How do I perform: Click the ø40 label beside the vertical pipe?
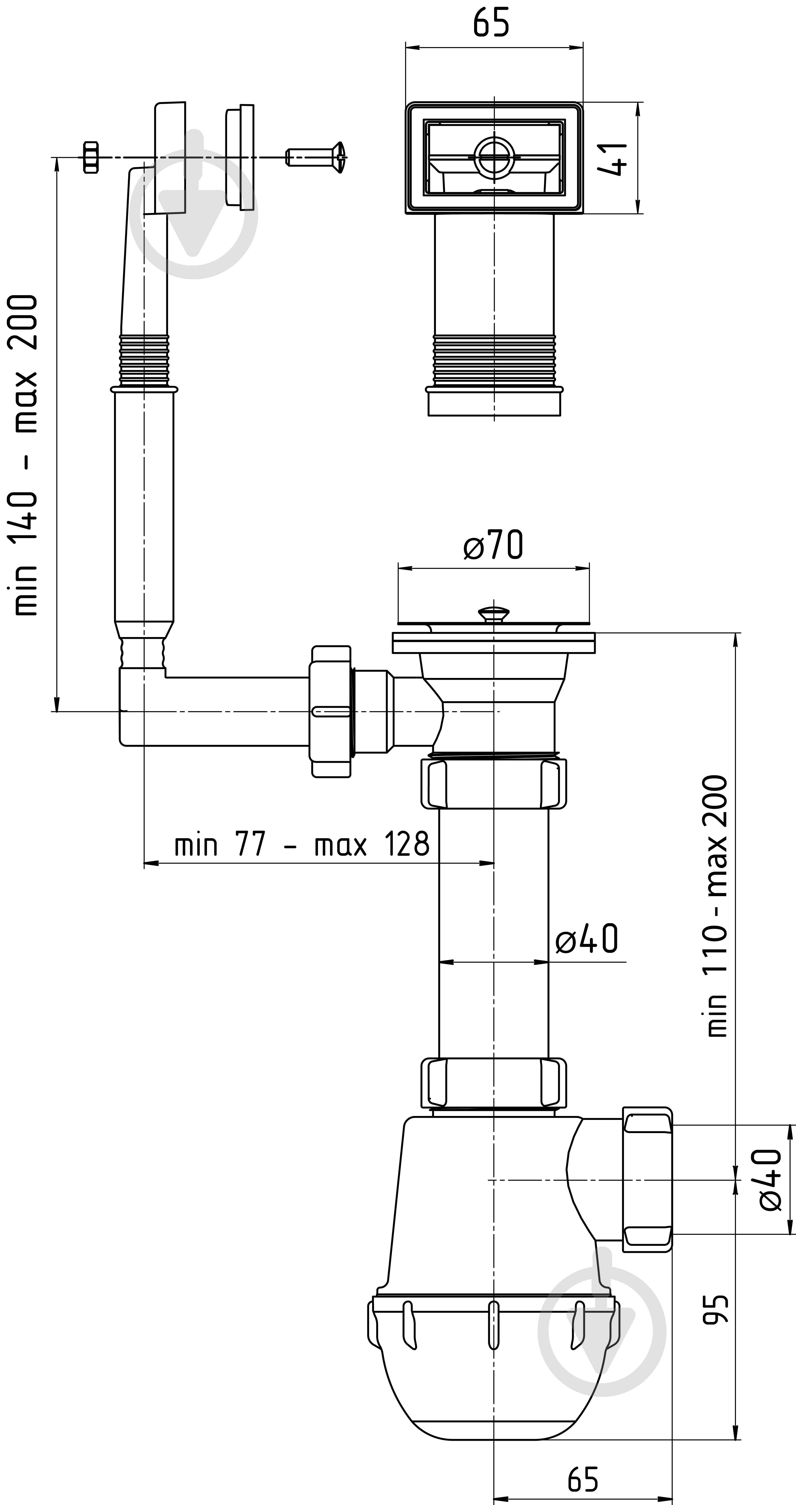[586, 939]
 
